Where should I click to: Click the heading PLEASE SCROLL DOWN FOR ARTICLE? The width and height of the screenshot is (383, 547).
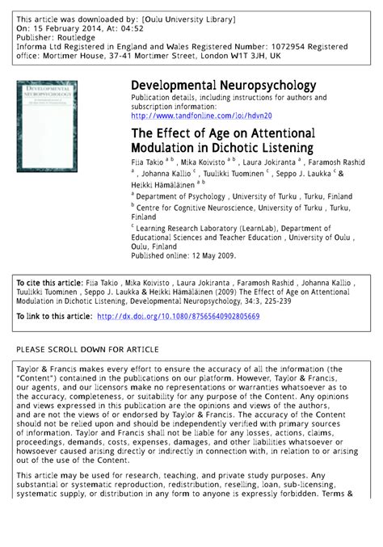click(88, 349)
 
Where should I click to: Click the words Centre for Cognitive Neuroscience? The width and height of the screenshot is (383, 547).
click(187, 208)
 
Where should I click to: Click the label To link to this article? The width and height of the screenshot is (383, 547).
click(53, 317)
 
